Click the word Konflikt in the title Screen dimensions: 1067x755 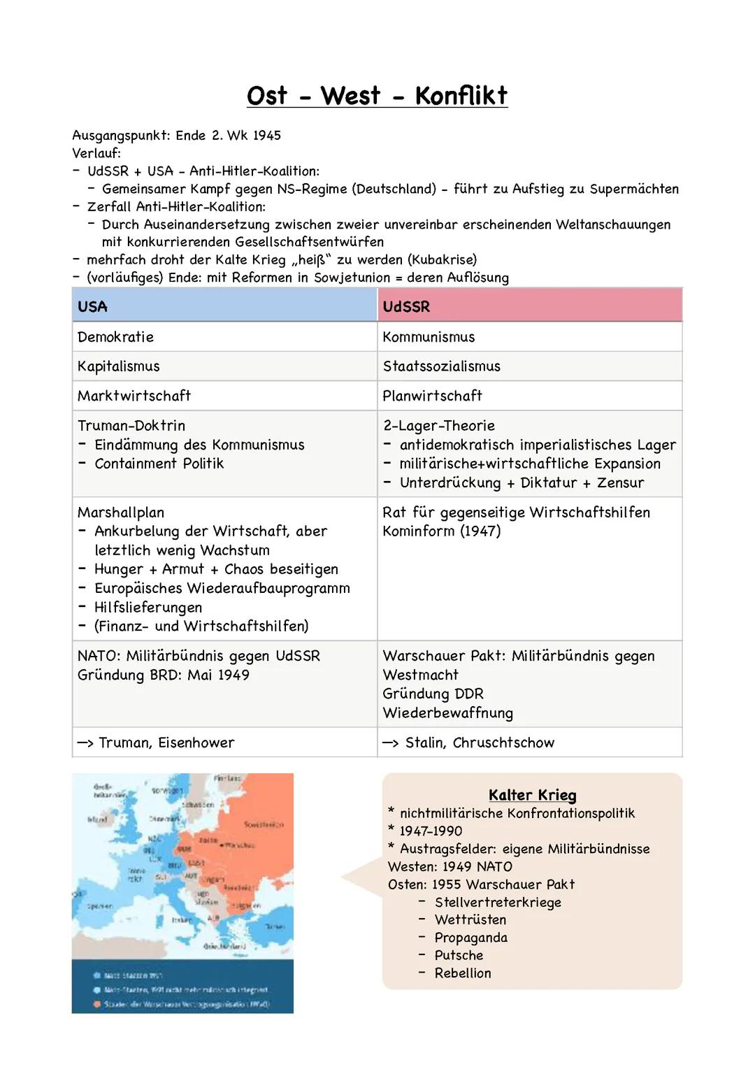[x=461, y=96]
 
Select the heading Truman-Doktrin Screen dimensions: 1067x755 [x=131, y=425]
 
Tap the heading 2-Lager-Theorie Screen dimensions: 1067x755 [x=438, y=425]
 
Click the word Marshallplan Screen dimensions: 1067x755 [x=121, y=512]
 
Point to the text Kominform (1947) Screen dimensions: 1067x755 [x=441, y=531]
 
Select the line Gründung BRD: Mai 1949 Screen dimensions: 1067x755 [x=163, y=675]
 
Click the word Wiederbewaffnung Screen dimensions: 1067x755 [x=447, y=713]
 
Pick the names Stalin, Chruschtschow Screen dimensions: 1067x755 [x=480, y=743]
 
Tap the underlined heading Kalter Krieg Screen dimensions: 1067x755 [x=532, y=795]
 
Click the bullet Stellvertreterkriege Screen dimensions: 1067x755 [x=498, y=902]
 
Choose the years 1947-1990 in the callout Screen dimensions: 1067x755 [x=431, y=831]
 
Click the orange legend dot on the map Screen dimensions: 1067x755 [x=96, y=1004]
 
